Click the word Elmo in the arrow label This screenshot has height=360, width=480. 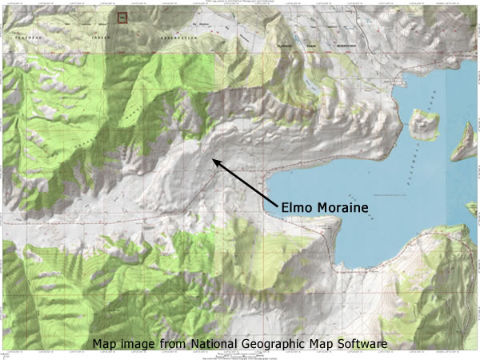pos(297,206)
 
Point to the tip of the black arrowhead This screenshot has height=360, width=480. pos(212,160)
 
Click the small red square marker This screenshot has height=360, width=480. pos(122,17)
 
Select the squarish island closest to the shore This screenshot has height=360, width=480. pos(424,123)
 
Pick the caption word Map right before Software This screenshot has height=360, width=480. pos(325,344)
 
